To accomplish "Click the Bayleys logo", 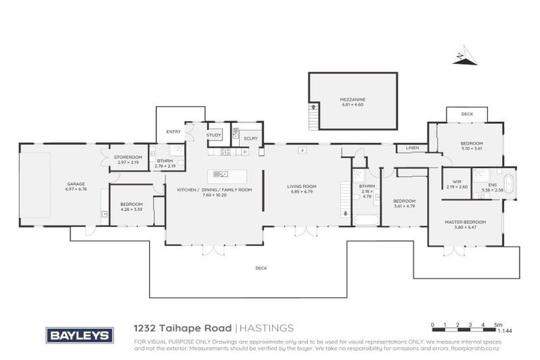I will tap(79, 335).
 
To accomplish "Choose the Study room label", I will tap(213, 134).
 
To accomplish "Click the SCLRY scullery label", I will tap(250, 139).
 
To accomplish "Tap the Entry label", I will tap(173, 131).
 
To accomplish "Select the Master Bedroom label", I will tap(465, 222).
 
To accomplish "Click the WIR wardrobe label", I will tap(456, 182).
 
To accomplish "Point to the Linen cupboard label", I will tap(412, 148).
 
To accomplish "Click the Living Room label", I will tap(301, 186).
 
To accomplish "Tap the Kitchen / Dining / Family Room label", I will tap(205, 190).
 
